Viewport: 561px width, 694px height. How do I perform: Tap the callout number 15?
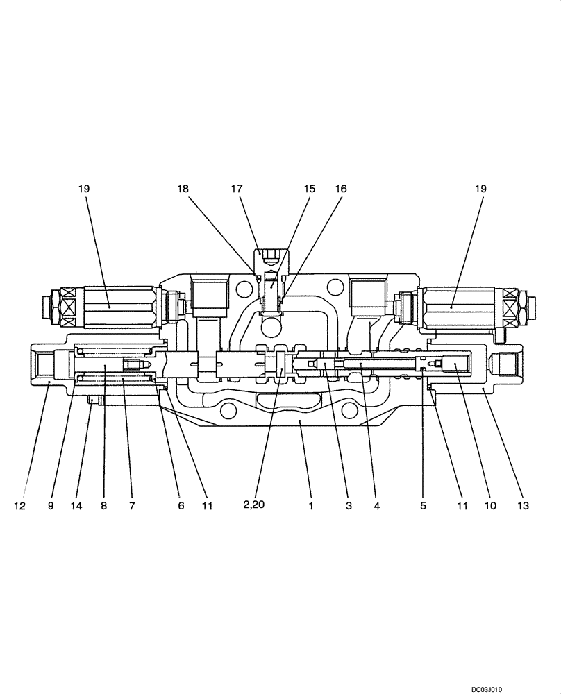click(x=309, y=188)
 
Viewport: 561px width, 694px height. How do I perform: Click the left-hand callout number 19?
click(x=84, y=188)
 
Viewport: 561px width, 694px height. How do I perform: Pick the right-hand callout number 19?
click(x=481, y=188)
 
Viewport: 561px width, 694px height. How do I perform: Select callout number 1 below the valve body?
click(x=311, y=506)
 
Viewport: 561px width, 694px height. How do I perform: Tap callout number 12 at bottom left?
click(x=19, y=506)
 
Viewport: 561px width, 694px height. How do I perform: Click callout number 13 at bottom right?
click(x=523, y=506)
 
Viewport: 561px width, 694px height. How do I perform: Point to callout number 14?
click(x=76, y=506)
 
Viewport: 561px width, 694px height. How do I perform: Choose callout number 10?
click(x=490, y=506)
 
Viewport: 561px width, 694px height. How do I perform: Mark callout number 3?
click(x=349, y=506)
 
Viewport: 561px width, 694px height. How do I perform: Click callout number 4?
click(x=376, y=506)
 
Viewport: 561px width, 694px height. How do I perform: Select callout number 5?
click(x=422, y=506)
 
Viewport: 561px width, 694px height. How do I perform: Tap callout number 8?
click(x=103, y=506)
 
